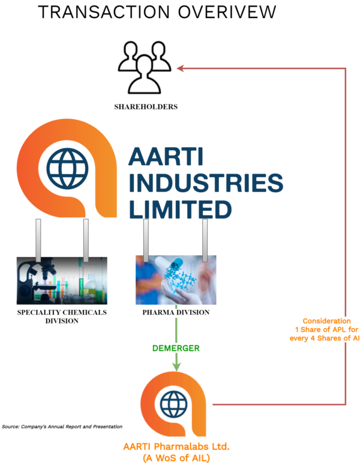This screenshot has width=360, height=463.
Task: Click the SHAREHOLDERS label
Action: [146, 107]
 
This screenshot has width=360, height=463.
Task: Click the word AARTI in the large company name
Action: [166, 158]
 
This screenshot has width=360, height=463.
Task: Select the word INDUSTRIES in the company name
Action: [205, 184]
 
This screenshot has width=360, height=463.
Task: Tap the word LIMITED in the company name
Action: [180, 210]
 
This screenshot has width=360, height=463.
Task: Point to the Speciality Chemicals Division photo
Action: [62, 280]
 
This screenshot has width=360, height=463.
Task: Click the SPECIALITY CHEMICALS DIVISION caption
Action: [62, 316]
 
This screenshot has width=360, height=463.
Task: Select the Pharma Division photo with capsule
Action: [176, 280]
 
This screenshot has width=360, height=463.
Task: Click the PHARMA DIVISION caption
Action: [176, 313]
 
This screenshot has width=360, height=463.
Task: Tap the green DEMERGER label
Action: [176, 348]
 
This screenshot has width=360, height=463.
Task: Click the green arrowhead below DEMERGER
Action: [176, 366]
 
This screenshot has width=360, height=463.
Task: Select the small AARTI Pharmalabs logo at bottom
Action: [176, 404]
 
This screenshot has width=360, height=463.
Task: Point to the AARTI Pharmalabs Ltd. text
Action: [176, 447]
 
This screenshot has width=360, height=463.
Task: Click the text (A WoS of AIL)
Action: [176, 458]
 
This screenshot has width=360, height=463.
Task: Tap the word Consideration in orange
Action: [326, 321]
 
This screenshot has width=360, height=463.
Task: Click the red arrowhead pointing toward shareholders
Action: [180, 68]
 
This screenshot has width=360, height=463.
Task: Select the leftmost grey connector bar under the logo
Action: [38, 240]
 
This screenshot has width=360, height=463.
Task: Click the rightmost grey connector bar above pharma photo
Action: [205, 240]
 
